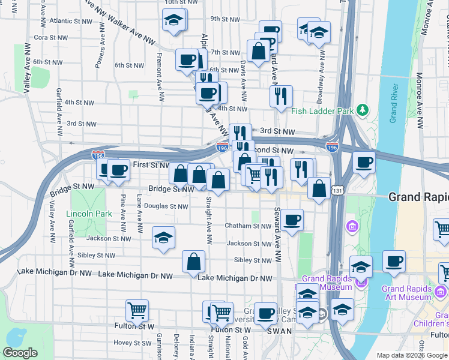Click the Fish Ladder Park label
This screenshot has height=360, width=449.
click(x=322, y=111)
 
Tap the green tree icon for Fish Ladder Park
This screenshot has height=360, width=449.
click(x=362, y=110)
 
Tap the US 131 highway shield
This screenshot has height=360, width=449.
click(x=339, y=191)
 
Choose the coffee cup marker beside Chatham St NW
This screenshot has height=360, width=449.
click(x=292, y=220)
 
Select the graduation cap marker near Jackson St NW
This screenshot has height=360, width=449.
click(x=163, y=238)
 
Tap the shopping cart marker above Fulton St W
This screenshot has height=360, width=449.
click(x=137, y=311)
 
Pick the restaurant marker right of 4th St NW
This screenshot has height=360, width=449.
click(x=281, y=96)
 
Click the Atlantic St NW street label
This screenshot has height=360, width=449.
click(x=71, y=20)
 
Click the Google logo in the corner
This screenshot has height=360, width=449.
click(x=20, y=353)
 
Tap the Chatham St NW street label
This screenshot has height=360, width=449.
click(x=248, y=226)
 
